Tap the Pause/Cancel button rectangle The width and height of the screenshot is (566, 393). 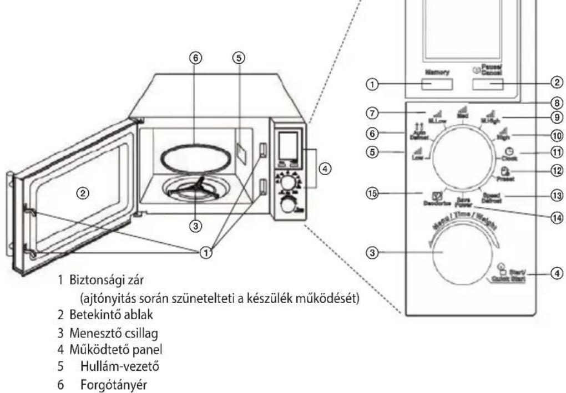click(488, 84)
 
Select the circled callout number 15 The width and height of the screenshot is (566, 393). click(373, 192)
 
